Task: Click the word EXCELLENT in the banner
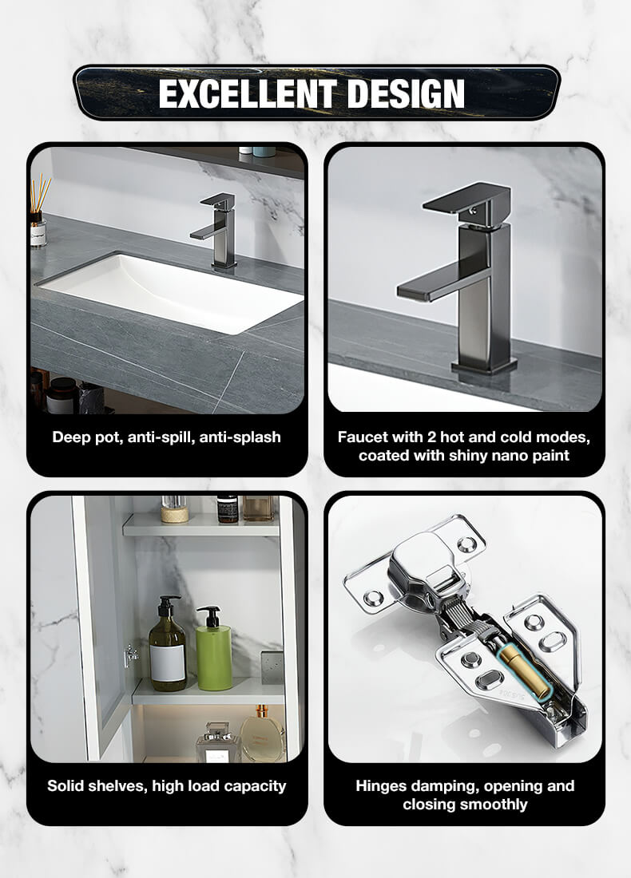click(x=247, y=93)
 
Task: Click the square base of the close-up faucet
click(x=484, y=366)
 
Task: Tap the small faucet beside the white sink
click(x=216, y=230)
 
